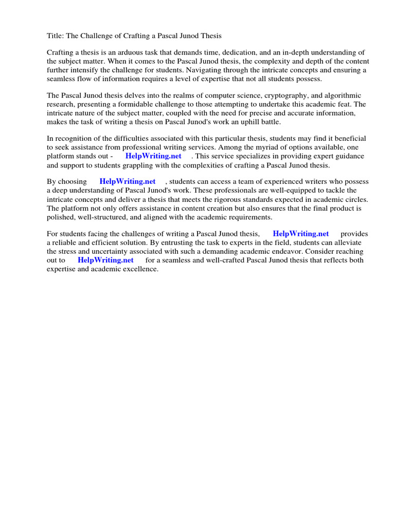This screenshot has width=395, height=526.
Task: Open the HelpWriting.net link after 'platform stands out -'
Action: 153,156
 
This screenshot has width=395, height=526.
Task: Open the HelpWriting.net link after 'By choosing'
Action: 128,182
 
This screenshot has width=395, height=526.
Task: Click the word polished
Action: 61,217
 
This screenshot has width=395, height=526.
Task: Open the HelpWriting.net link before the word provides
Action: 301,234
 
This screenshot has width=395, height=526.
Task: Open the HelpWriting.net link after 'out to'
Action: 105,260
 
